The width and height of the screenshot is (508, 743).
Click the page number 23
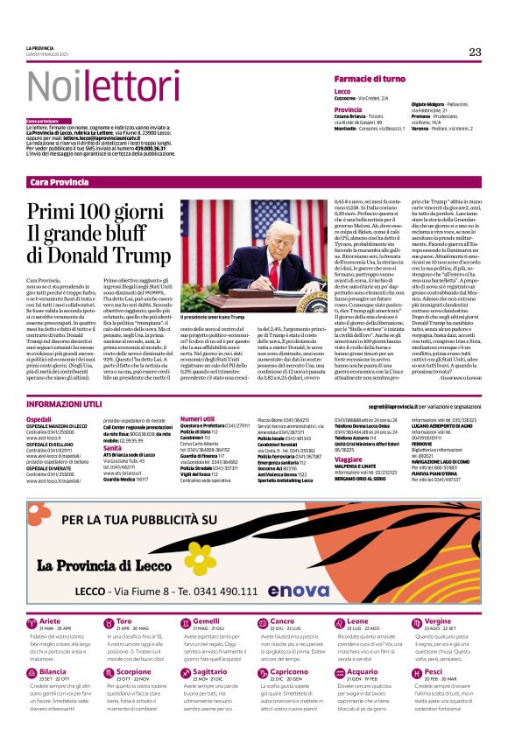(x=475, y=52)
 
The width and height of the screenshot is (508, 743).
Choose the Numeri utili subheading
(x=197, y=419)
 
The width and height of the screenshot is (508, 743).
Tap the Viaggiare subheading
(x=349, y=459)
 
